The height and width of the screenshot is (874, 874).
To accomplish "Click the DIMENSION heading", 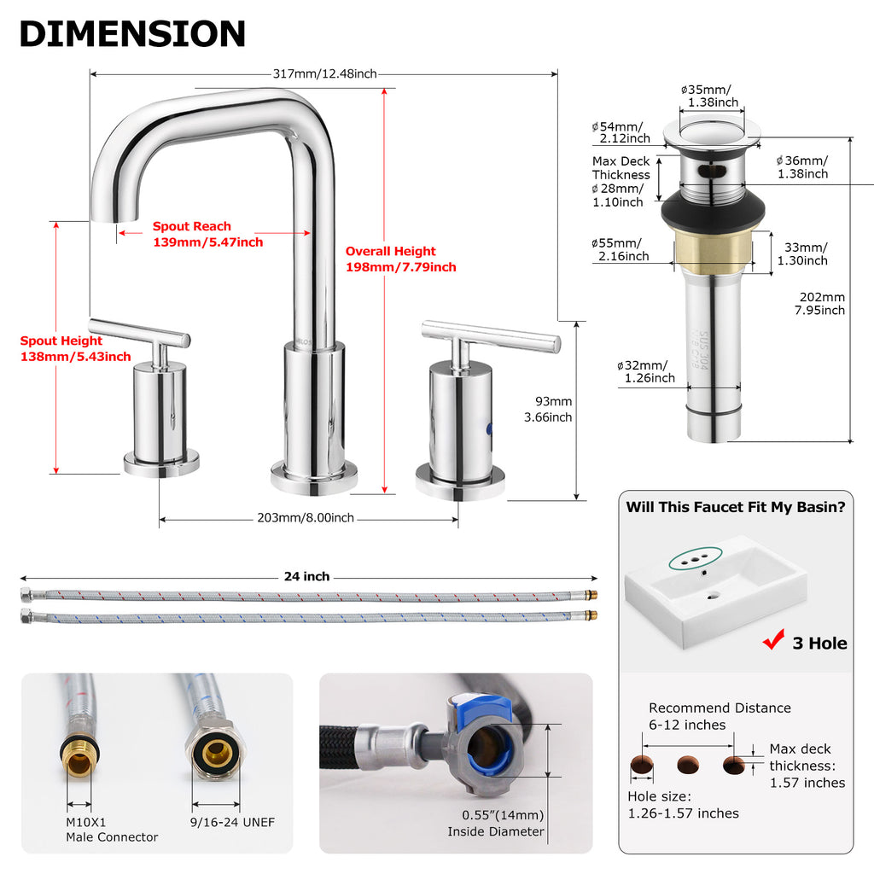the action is (132, 33).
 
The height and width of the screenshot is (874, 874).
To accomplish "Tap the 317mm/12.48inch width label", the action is (324, 73).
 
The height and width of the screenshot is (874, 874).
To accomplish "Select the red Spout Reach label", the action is (208, 234).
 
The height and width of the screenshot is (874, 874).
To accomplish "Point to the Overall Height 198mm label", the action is (401, 259).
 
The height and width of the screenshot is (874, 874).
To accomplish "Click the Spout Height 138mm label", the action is (75, 348).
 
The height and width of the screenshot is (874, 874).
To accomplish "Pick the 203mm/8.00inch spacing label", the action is (306, 518).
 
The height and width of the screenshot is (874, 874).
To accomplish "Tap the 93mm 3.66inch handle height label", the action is (548, 409).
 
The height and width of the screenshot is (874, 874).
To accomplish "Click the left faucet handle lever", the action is (139, 332).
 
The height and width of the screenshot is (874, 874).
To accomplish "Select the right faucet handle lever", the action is (491, 335).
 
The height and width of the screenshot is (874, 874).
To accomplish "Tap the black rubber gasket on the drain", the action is (713, 211).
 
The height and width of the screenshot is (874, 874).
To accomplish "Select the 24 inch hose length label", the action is (306, 576).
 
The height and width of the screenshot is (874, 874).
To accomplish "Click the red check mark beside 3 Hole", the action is (773, 640).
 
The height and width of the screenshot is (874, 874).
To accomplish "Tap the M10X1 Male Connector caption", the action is (112, 830).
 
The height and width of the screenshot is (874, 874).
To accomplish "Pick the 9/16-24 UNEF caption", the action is (232, 822).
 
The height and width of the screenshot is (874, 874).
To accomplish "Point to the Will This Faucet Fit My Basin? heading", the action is (736, 507).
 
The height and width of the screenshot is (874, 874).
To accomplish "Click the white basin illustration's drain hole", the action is (713, 597).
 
